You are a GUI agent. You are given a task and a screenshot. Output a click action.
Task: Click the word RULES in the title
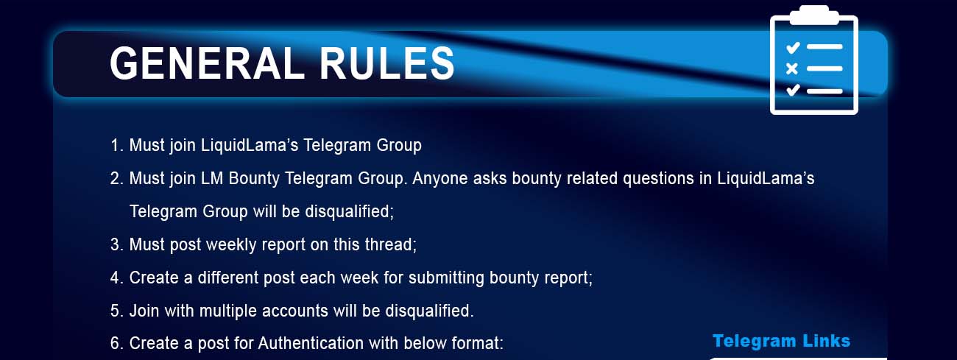pyautogui.click(x=387, y=63)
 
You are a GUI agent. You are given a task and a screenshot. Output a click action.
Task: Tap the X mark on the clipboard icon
pyautogui.click(x=791, y=68)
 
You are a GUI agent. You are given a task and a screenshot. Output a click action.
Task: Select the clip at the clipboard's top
pyautogui.click(x=814, y=15)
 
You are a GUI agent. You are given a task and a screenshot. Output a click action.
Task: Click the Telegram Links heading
pyautogui.click(x=781, y=341)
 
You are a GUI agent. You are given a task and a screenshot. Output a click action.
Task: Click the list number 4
pyautogui.click(x=116, y=278)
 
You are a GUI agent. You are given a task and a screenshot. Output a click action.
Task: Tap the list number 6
pyautogui.click(x=116, y=343)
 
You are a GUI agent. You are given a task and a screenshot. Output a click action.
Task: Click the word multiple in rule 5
pyautogui.click(x=227, y=311)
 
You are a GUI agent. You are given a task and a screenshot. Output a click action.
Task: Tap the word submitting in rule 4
pyautogui.click(x=446, y=278)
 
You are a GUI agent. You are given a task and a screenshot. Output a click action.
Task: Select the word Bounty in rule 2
pyautogui.click(x=254, y=178)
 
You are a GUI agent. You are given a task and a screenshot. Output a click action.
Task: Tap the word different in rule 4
pyautogui.click(x=227, y=278)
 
